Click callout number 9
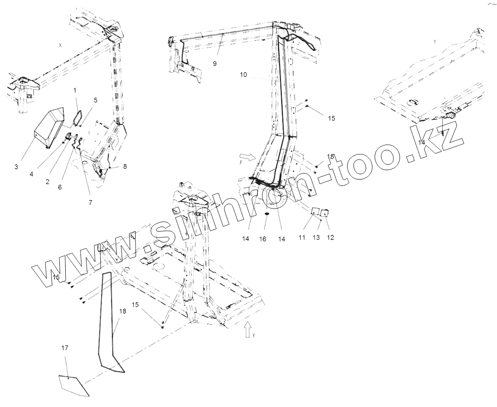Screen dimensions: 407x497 tap(215, 63)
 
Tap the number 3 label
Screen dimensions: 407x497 tap(16, 166)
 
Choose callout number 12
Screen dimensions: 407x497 tap(330, 238)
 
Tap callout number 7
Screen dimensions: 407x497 tap(91, 203)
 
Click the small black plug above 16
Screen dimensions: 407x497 tap(267, 215)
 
